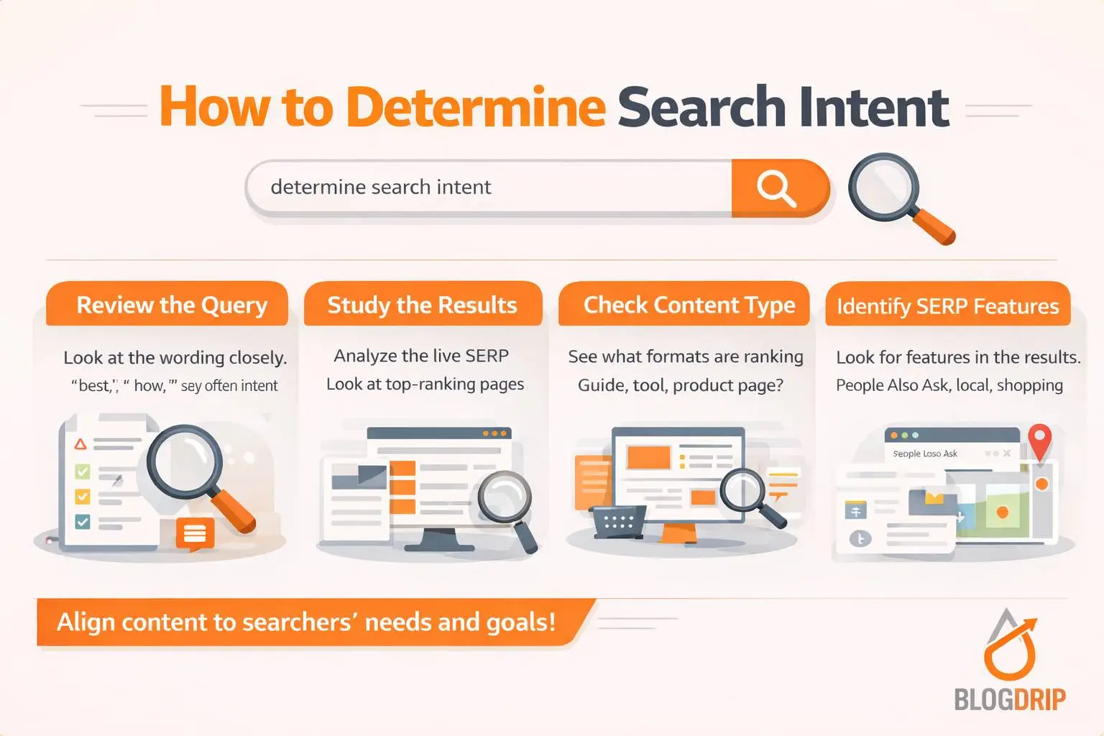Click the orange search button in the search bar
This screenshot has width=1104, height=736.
(778, 188)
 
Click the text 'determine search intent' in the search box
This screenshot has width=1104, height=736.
(380, 188)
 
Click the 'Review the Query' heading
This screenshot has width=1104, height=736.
(172, 305)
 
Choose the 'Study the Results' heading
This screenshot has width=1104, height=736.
(422, 305)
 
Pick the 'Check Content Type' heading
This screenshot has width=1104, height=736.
(689, 305)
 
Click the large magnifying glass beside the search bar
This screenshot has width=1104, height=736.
(885, 188)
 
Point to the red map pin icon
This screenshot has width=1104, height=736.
(1039, 438)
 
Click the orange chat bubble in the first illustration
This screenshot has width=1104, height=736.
(195, 533)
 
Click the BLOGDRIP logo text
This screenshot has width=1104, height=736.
(1009, 699)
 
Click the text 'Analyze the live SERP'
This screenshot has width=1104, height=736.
(421, 356)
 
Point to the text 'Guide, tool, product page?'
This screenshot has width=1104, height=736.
(680, 385)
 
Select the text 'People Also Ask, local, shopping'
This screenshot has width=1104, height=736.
(949, 385)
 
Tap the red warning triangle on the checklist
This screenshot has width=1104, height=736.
(80, 444)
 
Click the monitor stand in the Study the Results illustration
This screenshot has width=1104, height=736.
(439, 539)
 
